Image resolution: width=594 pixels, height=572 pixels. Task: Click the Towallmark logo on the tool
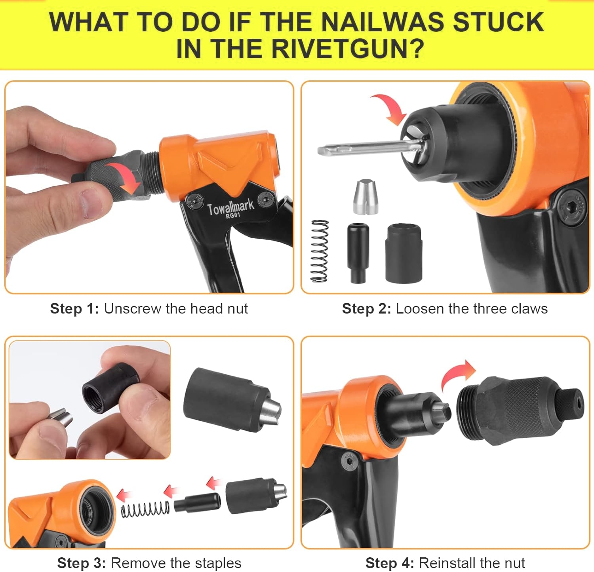230,208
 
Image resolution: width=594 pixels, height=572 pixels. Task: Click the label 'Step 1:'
74,308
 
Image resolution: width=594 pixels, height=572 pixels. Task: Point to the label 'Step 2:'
367,308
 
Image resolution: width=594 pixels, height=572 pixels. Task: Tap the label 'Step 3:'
82,562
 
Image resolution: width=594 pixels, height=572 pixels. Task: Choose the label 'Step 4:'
390,562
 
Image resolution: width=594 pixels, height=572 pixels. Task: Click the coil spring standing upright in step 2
320,251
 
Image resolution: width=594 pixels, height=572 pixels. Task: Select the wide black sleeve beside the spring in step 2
403,253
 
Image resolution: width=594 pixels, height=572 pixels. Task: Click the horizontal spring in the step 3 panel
145,509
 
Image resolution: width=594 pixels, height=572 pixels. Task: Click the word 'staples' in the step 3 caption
215,563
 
